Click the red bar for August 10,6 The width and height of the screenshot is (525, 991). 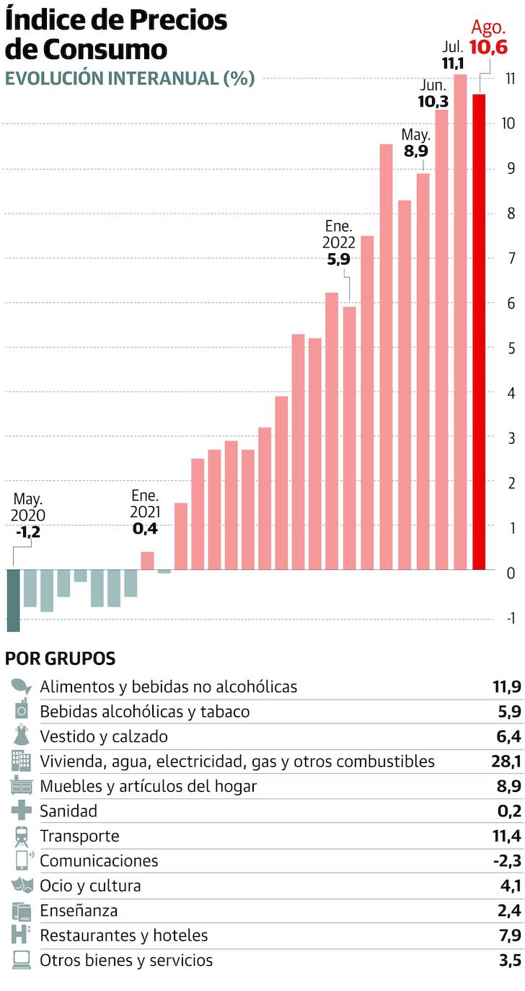pyautogui.click(x=479, y=331)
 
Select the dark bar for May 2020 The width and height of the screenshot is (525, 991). pyautogui.click(x=13, y=599)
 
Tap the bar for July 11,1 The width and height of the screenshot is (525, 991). pyautogui.click(x=460, y=321)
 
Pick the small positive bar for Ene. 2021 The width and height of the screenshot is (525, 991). pyautogui.click(x=147, y=560)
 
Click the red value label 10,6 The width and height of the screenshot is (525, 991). pyautogui.click(x=488, y=48)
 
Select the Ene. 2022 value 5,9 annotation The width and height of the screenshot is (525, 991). pyautogui.click(x=338, y=259)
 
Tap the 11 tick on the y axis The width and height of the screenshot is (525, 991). pyautogui.click(x=509, y=79)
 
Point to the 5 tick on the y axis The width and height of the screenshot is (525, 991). pyautogui.click(x=511, y=348)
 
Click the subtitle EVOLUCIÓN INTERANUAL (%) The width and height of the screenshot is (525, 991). pyautogui.click(x=130, y=79)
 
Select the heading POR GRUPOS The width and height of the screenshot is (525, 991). pyautogui.click(x=60, y=658)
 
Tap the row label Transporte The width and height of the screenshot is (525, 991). pyautogui.click(x=79, y=837)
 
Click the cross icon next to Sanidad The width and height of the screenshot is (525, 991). pyautogui.click(x=22, y=811)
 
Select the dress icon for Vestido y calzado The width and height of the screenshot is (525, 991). pyautogui.click(x=22, y=736)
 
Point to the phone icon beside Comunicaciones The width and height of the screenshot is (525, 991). pyautogui.click(x=22, y=860)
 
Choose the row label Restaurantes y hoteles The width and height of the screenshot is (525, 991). pyautogui.click(x=123, y=935)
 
